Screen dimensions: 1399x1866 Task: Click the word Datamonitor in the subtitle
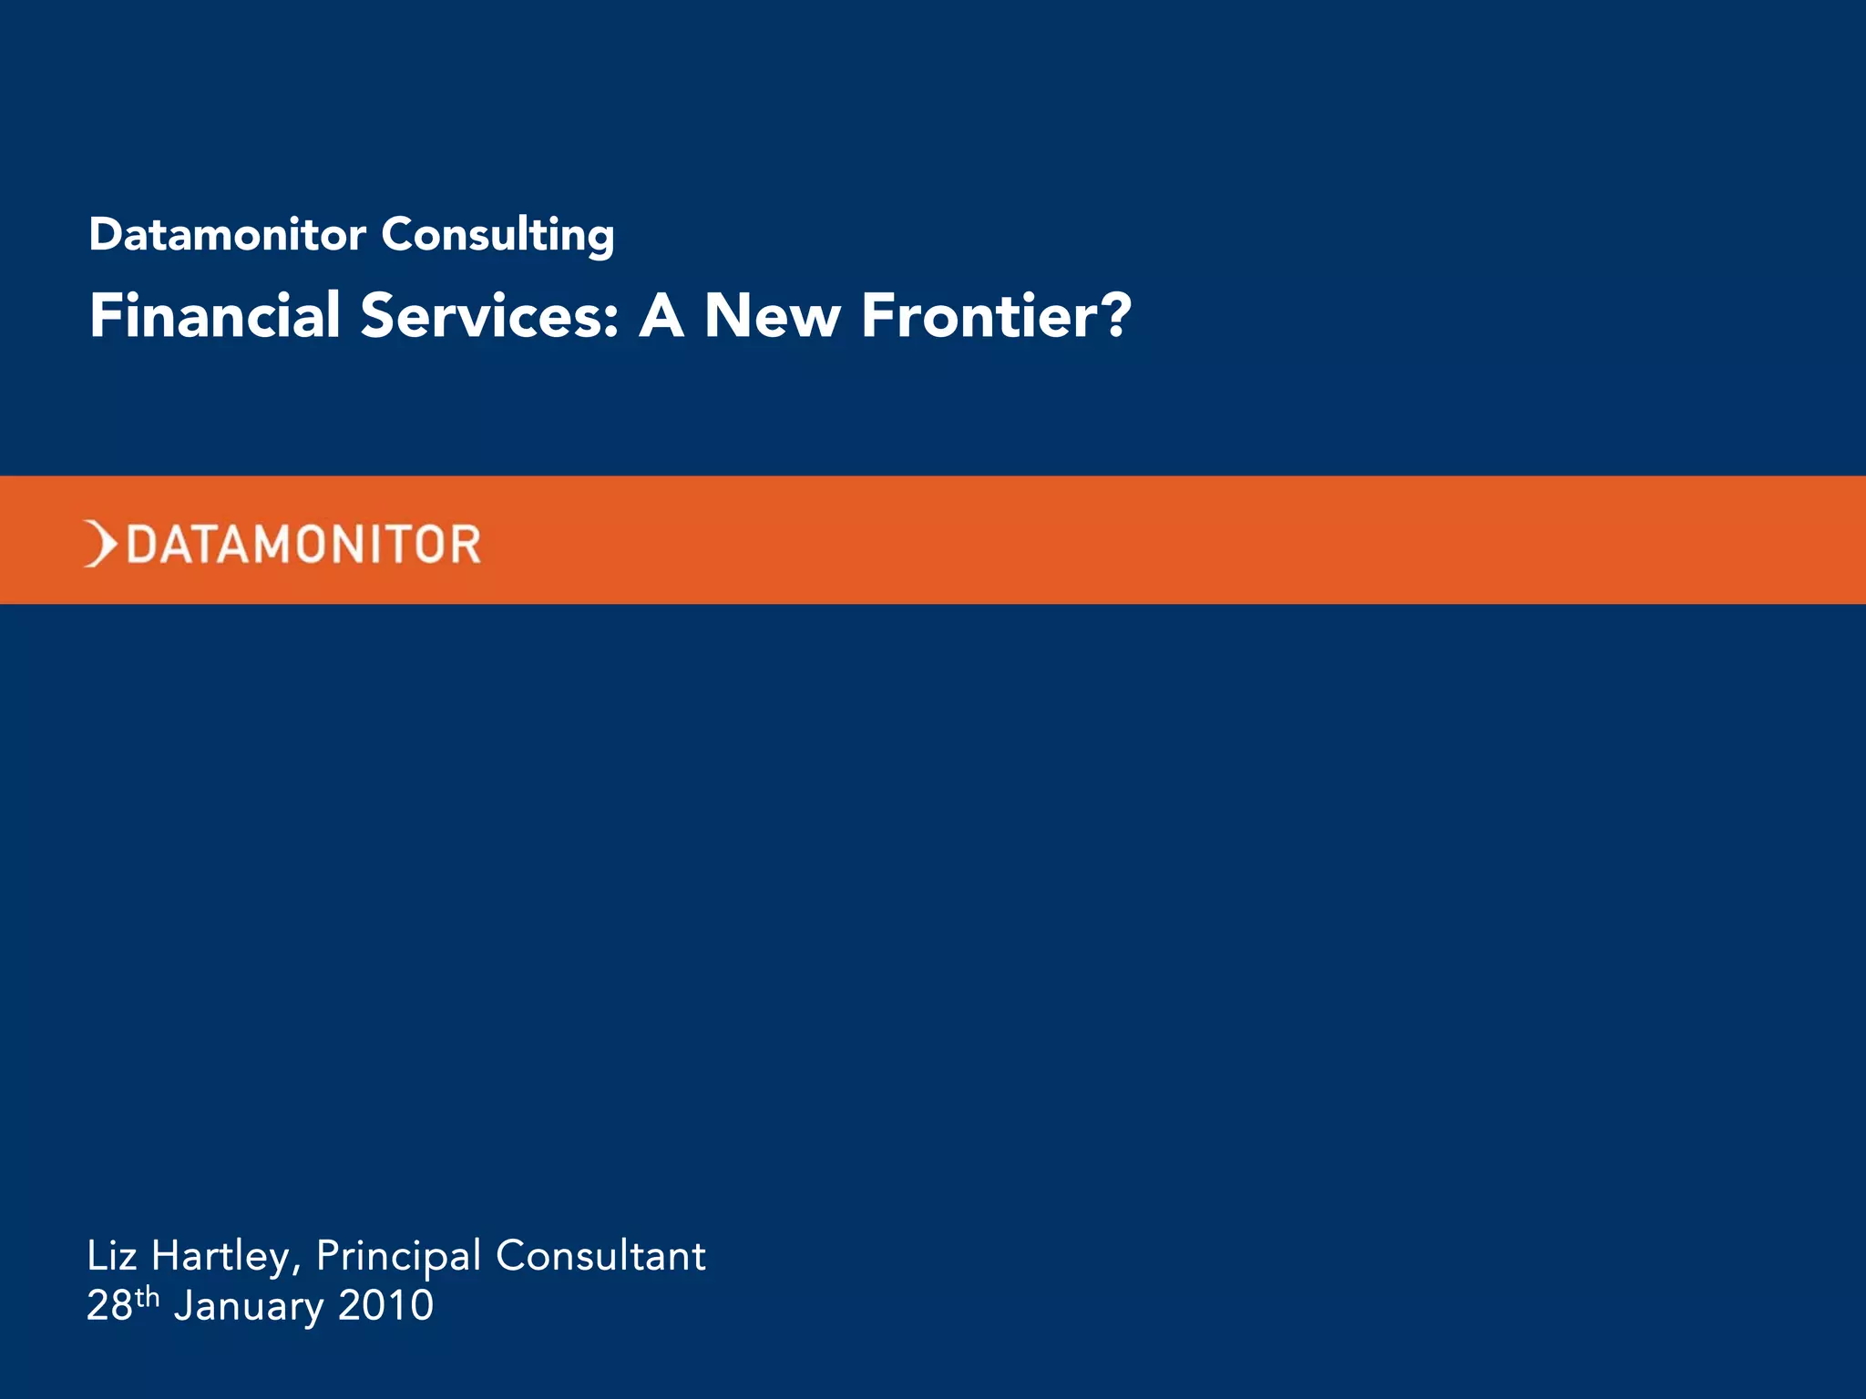pyautogui.click(x=227, y=235)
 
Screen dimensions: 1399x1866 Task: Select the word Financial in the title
pyautogui.click(x=215, y=316)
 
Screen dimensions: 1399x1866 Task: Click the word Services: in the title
pyautogui.click(x=490, y=316)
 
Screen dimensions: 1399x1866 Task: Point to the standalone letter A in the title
pyautogui.click(x=661, y=316)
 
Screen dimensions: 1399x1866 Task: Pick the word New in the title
pyautogui.click(x=772, y=316)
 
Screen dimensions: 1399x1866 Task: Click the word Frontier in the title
pyautogui.click(x=979, y=316)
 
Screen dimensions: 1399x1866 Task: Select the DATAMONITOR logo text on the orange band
pyautogui.click(x=303, y=545)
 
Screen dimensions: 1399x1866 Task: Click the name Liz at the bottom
pyautogui.click(x=111, y=1256)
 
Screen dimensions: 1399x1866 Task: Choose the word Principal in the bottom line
pyautogui.click(x=398, y=1258)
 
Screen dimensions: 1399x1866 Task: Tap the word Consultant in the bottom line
pyautogui.click(x=600, y=1256)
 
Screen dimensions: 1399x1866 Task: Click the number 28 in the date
pyautogui.click(x=109, y=1306)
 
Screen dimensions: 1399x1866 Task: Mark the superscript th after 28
pyautogui.click(x=147, y=1296)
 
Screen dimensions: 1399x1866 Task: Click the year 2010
pyautogui.click(x=385, y=1306)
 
